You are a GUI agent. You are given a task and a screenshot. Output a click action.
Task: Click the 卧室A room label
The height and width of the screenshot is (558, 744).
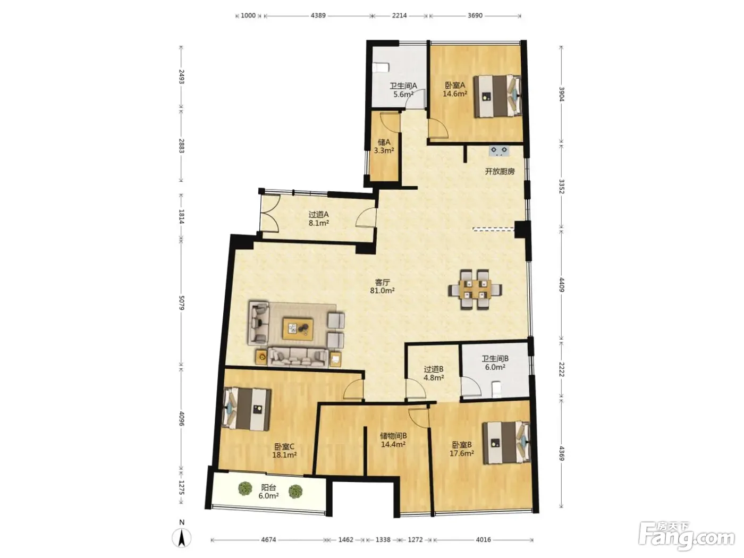[455, 86]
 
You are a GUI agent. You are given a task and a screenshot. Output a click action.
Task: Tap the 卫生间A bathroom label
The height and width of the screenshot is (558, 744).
[403, 86]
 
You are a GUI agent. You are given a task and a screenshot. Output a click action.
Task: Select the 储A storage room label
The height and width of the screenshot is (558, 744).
[384, 142]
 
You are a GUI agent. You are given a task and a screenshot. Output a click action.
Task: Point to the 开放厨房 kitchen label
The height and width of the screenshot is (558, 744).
[500, 172]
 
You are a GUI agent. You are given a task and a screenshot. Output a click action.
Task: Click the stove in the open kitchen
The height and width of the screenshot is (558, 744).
[499, 151]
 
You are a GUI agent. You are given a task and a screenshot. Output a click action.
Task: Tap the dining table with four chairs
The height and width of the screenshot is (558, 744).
[475, 289]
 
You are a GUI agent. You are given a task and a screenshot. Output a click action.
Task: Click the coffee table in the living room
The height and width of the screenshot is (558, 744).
[298, 328]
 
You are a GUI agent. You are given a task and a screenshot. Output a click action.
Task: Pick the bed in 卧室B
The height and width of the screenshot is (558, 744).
[506, 443]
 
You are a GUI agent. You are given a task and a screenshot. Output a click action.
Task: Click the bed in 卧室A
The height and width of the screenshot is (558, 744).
[497, 96]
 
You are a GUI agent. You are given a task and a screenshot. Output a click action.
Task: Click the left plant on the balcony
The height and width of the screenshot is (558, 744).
[245, 488]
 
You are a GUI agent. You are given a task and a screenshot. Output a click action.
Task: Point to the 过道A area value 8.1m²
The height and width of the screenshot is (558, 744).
[319, 223]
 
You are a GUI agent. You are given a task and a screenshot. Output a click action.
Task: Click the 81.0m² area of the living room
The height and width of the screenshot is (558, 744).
[382, 290]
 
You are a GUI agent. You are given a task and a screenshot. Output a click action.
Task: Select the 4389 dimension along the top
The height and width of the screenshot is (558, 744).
[318, 15]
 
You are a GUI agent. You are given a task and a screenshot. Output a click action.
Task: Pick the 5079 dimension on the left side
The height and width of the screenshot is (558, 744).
[182, 302]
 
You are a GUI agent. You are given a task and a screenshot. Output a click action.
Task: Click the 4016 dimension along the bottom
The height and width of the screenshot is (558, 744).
[483, 539]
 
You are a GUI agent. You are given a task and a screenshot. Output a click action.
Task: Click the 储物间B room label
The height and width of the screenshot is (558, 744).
[393, 435]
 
